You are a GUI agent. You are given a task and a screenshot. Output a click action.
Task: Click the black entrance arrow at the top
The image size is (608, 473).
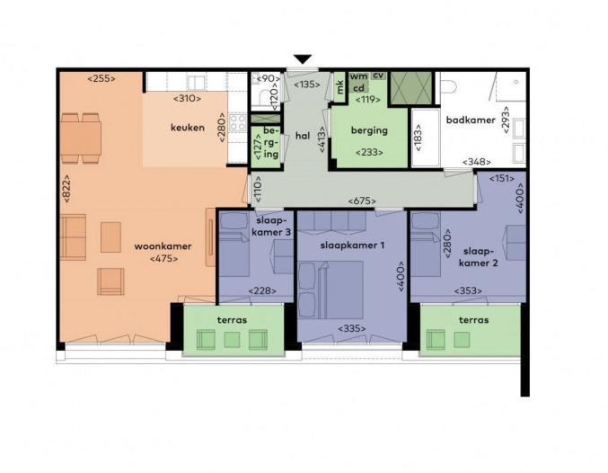tap(303, 59)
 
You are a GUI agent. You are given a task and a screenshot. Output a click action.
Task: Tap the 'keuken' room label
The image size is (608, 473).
tap(188, 128)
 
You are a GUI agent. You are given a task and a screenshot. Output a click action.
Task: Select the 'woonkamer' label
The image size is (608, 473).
tap(163, 246)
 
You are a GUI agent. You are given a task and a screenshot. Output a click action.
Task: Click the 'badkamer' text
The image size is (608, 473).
tap(471, 120)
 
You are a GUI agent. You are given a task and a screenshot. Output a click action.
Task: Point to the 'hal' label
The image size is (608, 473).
tap(303, 136)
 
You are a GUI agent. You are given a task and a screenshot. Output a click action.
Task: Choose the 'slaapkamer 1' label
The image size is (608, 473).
tap(352, 245)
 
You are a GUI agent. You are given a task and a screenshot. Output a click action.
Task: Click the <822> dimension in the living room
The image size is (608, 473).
tap(66, 188)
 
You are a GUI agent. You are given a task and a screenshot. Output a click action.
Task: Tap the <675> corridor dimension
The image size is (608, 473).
tap(362, 201)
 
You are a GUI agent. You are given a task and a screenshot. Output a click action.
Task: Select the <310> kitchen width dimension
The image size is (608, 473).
tap(188, 99)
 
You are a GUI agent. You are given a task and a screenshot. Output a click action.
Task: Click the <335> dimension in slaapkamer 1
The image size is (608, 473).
tap(352, 328)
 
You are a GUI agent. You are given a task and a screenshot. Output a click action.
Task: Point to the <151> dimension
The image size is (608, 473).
tap(502, 179)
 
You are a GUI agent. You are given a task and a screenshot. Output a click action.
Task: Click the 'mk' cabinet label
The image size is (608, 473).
tap(339, 87)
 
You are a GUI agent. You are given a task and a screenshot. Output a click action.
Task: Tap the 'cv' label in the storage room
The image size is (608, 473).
tap(378, 75)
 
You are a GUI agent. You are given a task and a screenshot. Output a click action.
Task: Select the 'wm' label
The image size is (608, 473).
tap(358, 76)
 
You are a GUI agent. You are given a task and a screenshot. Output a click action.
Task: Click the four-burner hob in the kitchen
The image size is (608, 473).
tap(237, 122)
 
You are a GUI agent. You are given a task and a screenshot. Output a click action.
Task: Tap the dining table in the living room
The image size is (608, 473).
tap(81, 138)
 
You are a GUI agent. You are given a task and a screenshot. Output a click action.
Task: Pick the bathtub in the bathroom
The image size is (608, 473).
tap(426, 138)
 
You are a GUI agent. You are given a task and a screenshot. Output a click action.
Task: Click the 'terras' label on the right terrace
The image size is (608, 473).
tap(473, 320)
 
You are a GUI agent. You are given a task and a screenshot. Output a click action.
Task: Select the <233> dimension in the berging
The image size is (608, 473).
tap(369, 152)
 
